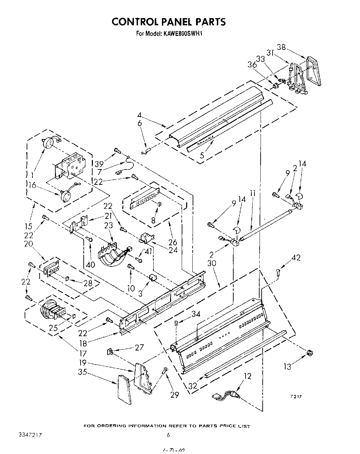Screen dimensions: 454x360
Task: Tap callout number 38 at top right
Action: pos(281,47)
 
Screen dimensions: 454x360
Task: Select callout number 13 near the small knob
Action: pos(288,367)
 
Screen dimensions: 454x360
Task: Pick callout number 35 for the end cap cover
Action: pos(82,372)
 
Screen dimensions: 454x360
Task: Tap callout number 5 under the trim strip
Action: pos(202,156)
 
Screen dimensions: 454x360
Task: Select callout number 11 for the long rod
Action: pos(252,194)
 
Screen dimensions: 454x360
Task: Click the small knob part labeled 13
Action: pos(309,353)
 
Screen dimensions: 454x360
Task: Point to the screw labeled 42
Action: pos(278,272)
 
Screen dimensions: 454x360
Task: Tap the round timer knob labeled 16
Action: pos(65,196)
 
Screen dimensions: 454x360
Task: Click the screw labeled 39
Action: pos(117,150)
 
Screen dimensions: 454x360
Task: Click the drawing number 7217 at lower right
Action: pos(296,397)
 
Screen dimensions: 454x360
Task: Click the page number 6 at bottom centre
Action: pos(168,435)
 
